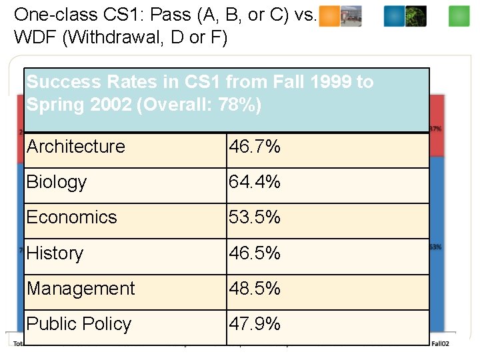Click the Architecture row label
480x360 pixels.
pos(76,147)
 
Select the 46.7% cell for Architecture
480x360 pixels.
pos(255,147)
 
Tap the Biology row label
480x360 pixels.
pos(57,183)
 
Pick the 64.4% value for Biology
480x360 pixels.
pos(255,182)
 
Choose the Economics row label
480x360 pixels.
pos(71,217)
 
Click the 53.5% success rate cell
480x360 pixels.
pos(255,217)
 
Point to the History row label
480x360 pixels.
pos(55,253)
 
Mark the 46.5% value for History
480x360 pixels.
pos(255,253)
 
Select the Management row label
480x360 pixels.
pos(81,289)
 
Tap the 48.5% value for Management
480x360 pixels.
pos(255,289)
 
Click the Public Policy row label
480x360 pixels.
pos(79,324)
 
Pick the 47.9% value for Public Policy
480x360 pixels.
pos(255,324)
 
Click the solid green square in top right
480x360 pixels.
pos(459,16)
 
